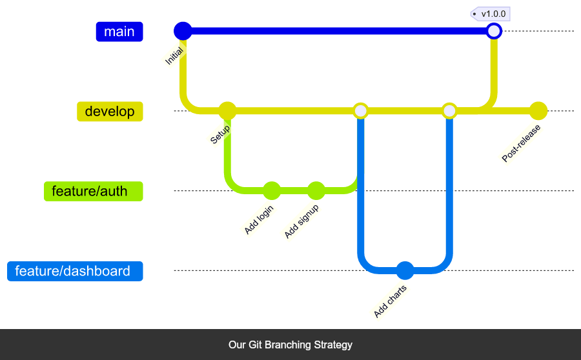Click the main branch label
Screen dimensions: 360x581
119,32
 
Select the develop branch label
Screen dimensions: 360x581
110,112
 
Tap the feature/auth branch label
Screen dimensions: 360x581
94,192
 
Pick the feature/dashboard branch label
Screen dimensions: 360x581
75,271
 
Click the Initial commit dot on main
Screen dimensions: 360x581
183,31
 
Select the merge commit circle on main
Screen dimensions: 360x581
494,31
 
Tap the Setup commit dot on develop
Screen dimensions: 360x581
227,111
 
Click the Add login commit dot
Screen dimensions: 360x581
272,191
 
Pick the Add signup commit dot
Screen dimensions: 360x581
316,191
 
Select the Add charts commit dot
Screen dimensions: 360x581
405,270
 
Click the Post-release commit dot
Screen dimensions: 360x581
538,111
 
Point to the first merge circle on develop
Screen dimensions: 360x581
361,111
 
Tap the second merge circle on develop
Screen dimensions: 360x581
449,111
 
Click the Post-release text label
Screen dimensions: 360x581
522,143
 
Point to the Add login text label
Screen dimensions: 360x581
260,219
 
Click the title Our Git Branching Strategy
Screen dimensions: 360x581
290,345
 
